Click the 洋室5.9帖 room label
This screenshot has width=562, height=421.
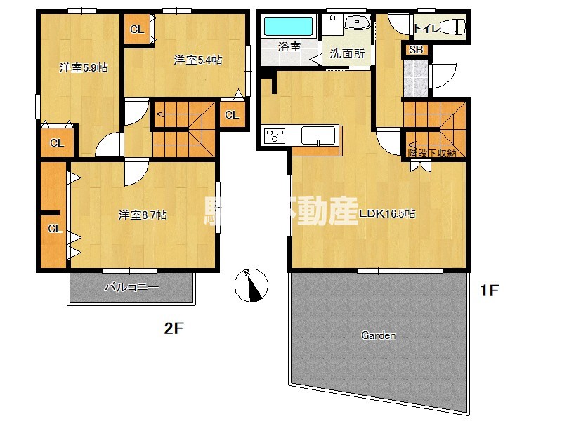(x=83, y=68)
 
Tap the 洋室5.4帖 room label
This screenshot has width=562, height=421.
(x=198, y=60)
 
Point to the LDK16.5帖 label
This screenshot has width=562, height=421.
(x=387, y=214)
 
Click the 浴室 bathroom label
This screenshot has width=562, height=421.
(x=289, y=47)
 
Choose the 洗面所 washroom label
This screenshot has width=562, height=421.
(x=348, y=53)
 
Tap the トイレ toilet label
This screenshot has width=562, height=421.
(x=428, y=29)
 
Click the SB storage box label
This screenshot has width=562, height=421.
(x=416, y=50)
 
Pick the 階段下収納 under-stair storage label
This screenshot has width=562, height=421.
(x=432, y=152)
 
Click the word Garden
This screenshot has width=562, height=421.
(x=379, y=335)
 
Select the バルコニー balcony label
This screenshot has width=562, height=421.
(x=132, y=286)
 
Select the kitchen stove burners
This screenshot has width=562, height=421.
(x=274, y=135)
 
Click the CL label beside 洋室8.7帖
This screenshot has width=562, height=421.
(x=54, y=229)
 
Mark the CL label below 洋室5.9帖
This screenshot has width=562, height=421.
(x=57, y=143)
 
